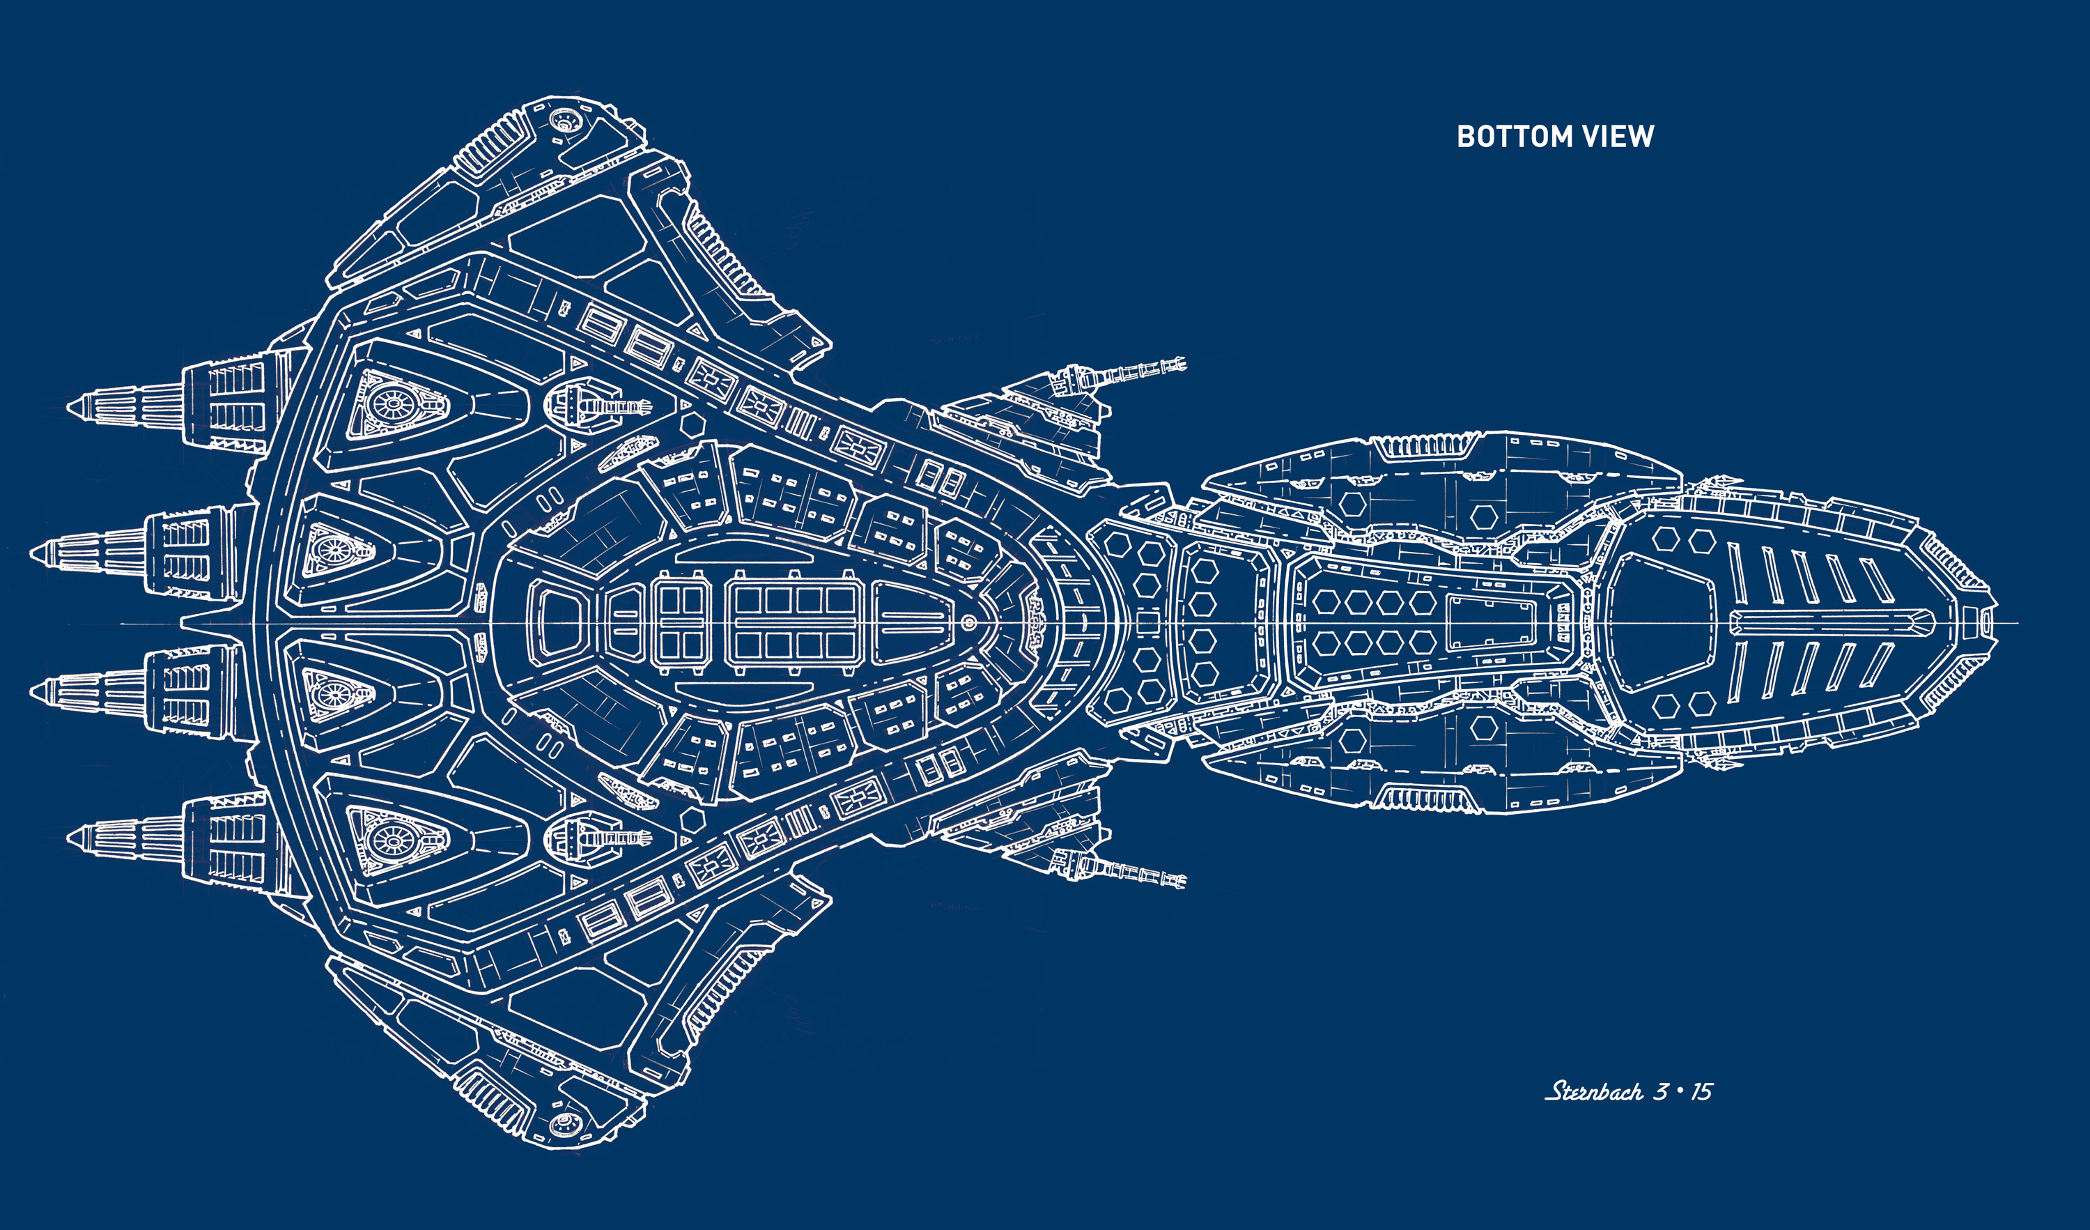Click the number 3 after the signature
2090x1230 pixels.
pos(1660,1091)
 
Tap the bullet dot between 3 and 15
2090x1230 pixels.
pos(1680,1091)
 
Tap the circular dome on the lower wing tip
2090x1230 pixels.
pos(565,1123)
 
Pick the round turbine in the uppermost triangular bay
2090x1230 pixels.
pos(390,405)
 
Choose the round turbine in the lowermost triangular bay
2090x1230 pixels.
pos(390,841)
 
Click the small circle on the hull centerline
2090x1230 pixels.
pos(968,622)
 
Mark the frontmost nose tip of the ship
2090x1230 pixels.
pos(1995,622)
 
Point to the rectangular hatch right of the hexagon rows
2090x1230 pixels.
pos(1490,622)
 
